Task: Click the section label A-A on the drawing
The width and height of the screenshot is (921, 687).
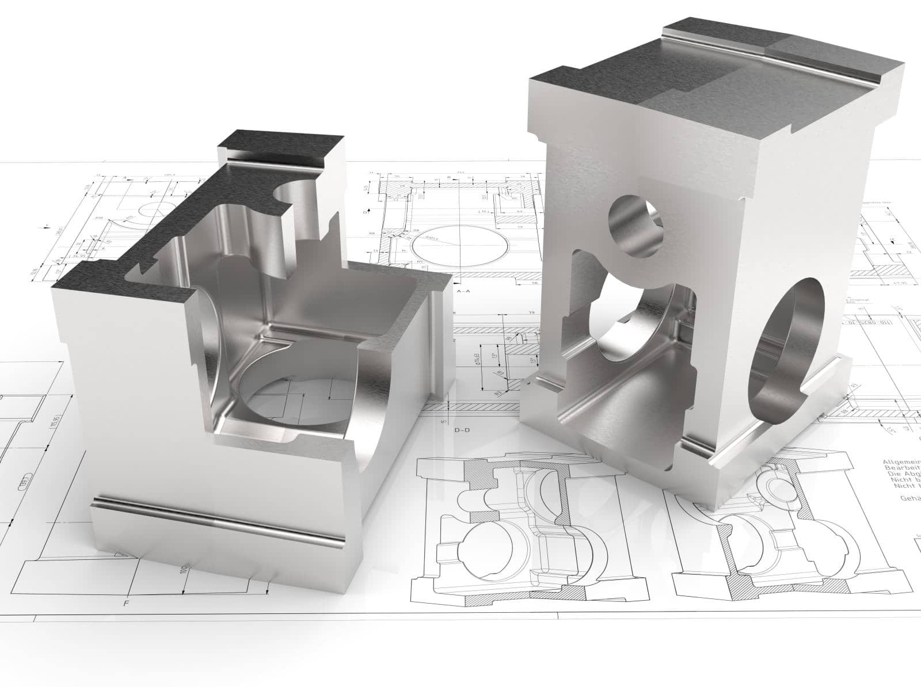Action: click(463, 292)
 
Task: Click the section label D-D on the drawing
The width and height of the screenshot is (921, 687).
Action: click(463, 430)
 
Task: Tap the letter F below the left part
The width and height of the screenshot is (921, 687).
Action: click(125, 604)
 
